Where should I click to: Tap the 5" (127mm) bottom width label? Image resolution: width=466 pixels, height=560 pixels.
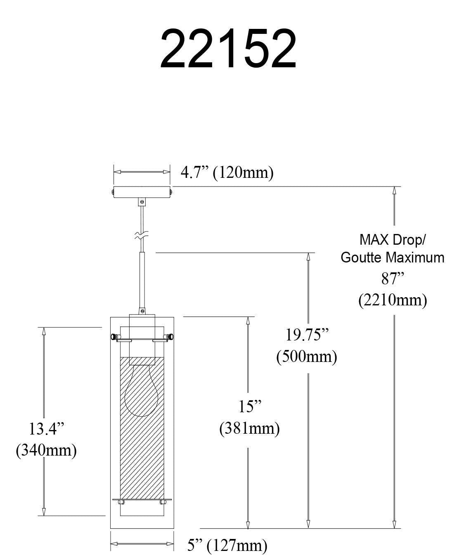point(227,546)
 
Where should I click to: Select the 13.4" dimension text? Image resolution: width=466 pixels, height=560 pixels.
point(47,429)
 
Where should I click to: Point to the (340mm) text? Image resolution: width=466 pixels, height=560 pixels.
point(46,450)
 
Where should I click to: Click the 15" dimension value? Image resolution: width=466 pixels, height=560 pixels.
point(250,406)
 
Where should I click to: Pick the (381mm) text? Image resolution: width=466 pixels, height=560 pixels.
point(249,428)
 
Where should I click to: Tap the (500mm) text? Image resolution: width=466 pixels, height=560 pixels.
point(307,356)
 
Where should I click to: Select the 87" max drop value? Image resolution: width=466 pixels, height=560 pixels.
point(392,279)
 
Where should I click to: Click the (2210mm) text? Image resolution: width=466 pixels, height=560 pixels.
point(393,300)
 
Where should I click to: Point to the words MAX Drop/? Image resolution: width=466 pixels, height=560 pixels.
point(392,239)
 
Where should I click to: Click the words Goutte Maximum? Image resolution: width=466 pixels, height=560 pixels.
point(393,258)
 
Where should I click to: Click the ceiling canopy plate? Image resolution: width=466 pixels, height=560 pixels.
point(142,192)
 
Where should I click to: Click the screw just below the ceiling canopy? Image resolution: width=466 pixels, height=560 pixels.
point(142,202)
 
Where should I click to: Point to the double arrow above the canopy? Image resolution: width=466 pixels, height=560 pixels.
point(142,172)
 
